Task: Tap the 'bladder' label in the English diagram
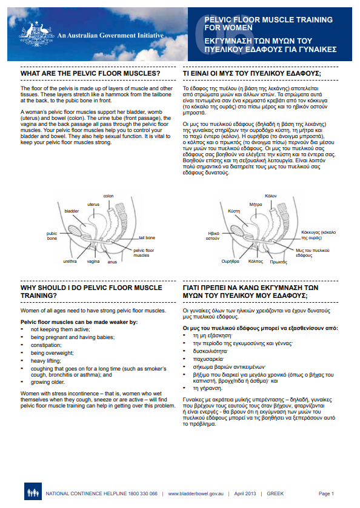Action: tap(72, 211)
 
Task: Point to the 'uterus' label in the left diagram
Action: tap(93, 205)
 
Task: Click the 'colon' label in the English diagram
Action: tap(108, 196)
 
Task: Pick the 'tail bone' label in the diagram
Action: tap(147, 238)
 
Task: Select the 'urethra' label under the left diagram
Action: tap(70, 262)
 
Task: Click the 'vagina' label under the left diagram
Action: tap(93, 262)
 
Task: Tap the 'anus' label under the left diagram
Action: tap(112, 262)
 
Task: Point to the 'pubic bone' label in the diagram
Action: tap(52, 236)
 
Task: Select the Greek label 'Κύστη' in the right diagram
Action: tap(234, 212)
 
